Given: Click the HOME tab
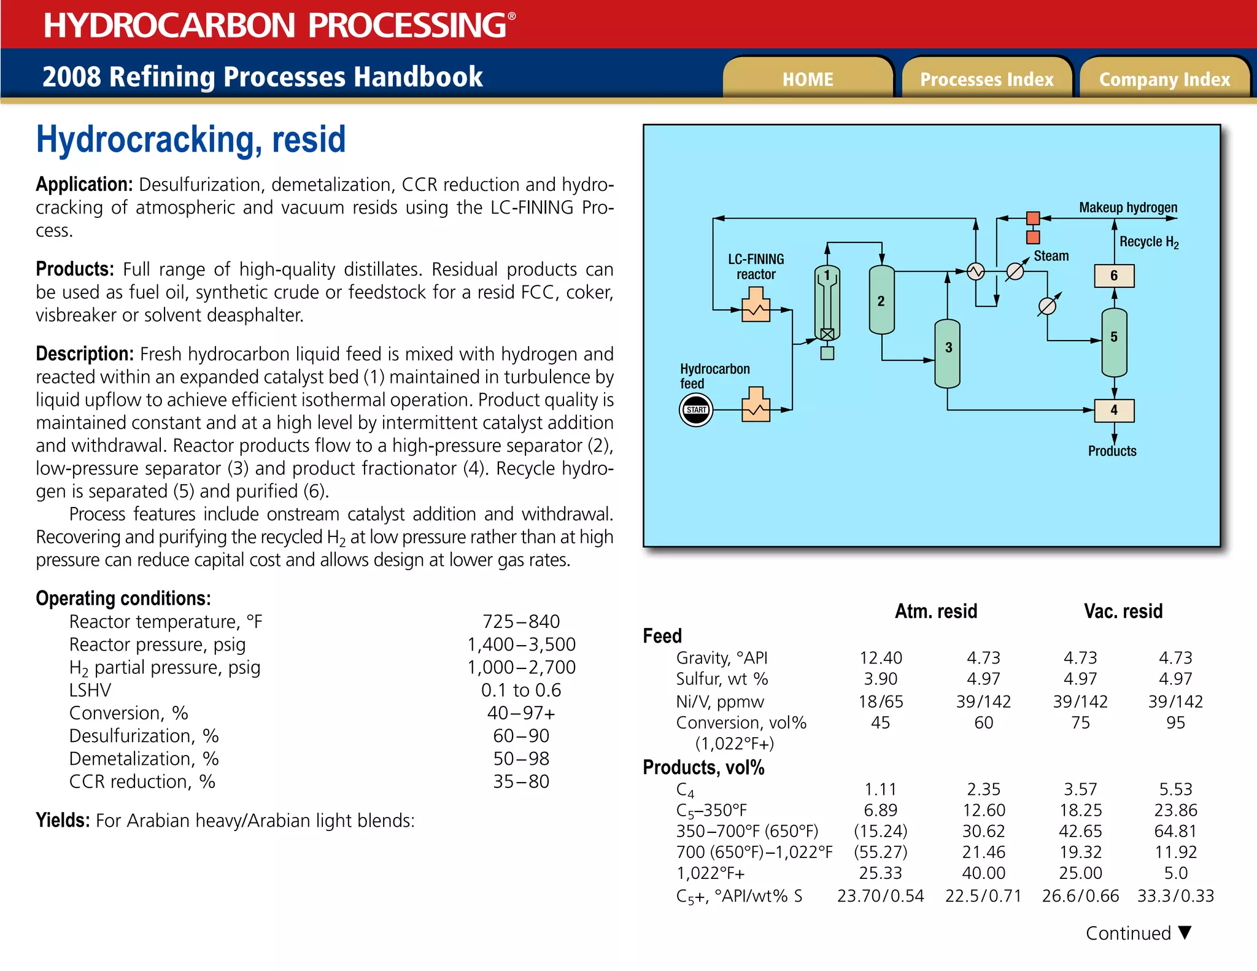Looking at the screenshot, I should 807,79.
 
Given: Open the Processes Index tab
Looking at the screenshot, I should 986,79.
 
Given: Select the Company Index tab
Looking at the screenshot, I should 1164,79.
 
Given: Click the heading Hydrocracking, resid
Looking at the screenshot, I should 191,139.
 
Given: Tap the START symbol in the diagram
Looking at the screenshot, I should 696,410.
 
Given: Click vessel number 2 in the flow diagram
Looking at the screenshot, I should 881,301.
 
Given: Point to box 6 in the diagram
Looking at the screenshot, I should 1114,276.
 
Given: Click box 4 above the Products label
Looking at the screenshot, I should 1114,410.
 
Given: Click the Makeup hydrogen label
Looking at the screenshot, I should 1128,207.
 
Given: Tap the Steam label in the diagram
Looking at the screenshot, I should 1051,256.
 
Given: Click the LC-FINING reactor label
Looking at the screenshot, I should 756,266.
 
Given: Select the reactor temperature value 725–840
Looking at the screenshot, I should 520,621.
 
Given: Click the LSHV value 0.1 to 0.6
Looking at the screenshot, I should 520,690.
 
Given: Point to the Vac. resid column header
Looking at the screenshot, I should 1123,611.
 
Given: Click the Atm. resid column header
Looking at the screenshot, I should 935,611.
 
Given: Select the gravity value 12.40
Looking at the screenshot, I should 880,658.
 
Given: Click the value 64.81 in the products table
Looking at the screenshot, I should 1175,831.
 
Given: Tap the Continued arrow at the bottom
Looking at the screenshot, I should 1185,932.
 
